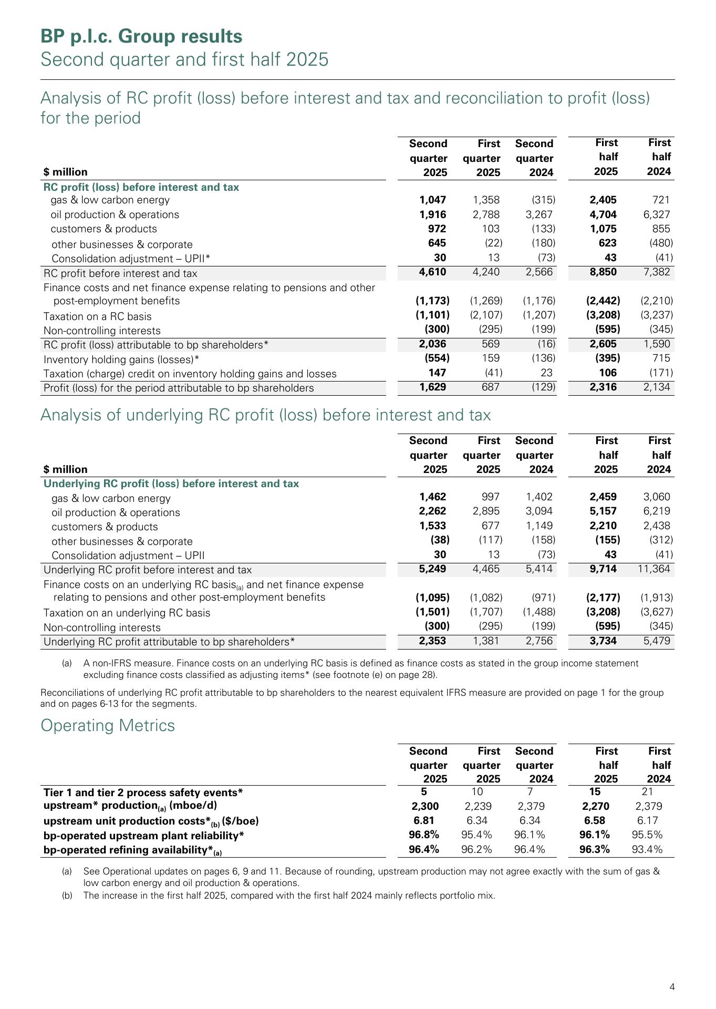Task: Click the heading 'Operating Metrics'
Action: [x=108, y=725]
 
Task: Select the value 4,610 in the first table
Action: [x=433, y=272]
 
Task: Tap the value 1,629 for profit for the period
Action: [x=433, y=387]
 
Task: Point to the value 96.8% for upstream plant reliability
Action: [x=424, y=835]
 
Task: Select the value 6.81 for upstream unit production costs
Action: [x=424, y=820]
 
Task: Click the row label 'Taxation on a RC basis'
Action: [x=98, y=316]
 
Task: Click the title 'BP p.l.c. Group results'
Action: [x=142, y=36]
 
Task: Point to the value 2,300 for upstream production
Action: [x=425, y=806]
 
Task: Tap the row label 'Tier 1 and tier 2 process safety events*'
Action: [x=143, y=792]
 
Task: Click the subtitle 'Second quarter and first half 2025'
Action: [x=184, y=59]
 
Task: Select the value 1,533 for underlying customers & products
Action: [x=433, y=526]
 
